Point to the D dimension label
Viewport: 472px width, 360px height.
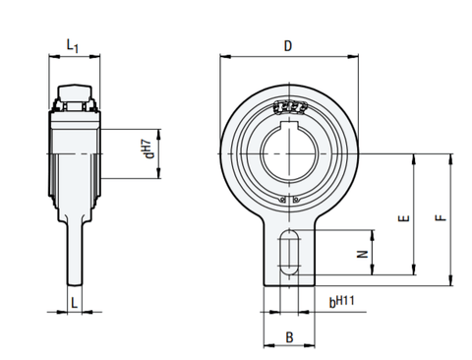[x=287, y=45]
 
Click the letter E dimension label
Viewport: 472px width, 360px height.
[x=403, y=221]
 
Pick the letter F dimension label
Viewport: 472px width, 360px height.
[x=441, y=221]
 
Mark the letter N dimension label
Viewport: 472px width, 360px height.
[x=362, y=253]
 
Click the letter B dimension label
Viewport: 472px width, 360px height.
[x=288, y=336]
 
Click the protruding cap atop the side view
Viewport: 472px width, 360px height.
[x=77, y=92]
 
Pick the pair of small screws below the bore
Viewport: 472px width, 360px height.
[x=288, y=201]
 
